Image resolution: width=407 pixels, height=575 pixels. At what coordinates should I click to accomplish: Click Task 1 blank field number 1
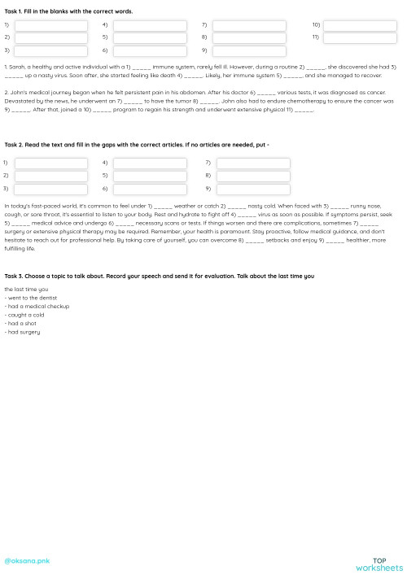coord(50,26)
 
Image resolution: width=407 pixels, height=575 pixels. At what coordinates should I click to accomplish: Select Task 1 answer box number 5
coord(150,37)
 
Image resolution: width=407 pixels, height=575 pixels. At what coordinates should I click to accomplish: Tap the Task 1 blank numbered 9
coord(249,50)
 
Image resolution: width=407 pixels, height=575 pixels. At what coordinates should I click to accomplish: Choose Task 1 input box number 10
coord(360,26)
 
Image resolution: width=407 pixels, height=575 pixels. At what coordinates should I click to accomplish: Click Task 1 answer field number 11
coord(360,37)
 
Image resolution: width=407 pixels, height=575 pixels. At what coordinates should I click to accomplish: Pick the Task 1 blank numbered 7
coord(249,26)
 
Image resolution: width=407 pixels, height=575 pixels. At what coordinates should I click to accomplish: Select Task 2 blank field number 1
coord(50,163)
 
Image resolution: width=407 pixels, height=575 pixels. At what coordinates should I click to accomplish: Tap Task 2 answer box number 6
coord(150,187)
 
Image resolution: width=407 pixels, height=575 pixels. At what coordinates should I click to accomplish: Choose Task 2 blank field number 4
coord(150,163)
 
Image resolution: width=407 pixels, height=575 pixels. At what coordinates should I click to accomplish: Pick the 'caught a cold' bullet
coord(27,315)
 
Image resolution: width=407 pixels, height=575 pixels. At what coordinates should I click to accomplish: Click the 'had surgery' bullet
coord(24,331)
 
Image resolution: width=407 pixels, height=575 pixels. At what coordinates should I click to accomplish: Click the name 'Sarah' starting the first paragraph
coord(16,66)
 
